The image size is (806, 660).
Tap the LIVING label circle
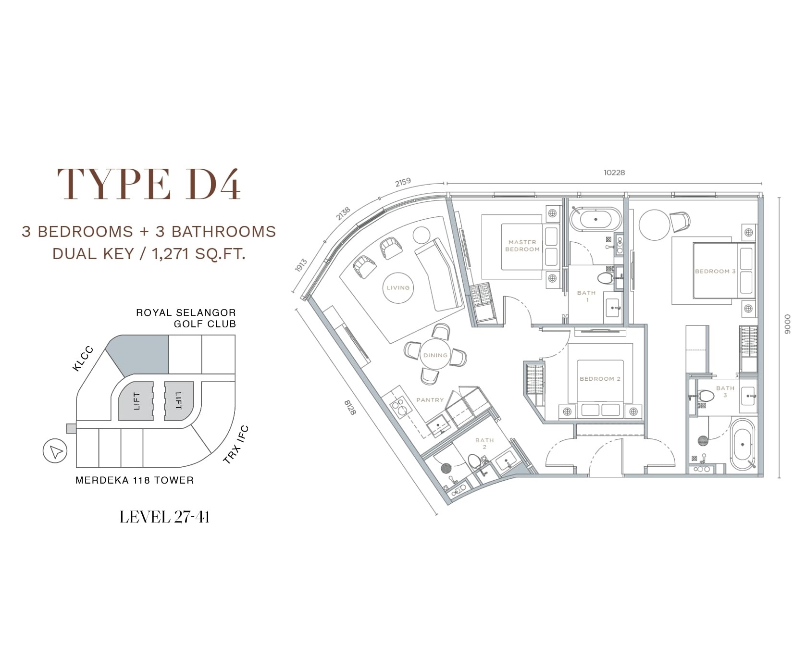point(398,288)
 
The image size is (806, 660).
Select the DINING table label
point(435,355)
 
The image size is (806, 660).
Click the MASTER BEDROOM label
point(522,246)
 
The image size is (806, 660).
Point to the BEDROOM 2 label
point(600,379)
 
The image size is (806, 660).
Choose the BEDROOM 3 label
point(715,271)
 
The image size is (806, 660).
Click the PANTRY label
point(430,400)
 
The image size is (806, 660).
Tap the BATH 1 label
point(586,296)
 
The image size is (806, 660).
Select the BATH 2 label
point(484,443)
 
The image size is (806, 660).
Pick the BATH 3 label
point(725,391)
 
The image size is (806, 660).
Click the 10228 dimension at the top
point(614,172)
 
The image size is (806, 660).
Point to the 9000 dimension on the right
point(787,324)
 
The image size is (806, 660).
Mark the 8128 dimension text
point(350,408)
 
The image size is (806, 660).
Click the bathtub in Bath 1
point(595,220)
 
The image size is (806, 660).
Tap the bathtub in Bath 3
point(743,445)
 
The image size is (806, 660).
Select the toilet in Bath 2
point(475,462)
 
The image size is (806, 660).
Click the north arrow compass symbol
point(55,451)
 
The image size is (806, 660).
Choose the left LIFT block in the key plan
point(136,401)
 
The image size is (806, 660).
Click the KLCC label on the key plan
point(83,359)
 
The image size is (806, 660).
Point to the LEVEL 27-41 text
point(164,517)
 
